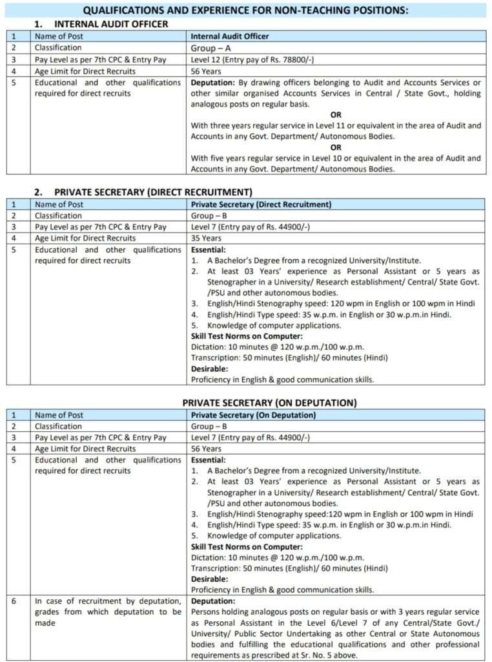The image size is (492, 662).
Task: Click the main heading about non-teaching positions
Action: click(246, 10)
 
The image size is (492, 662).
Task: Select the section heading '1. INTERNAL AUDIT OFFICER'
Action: click(101, 24)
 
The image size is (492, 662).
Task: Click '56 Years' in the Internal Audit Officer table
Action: click(206, 71)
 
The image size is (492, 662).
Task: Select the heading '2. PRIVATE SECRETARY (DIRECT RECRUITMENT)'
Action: click(143, 192)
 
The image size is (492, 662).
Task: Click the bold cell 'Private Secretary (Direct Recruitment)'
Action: click(261, 204)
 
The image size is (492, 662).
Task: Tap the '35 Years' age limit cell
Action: click(206, 238)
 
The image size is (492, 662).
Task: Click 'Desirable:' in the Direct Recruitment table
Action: click(209, 368)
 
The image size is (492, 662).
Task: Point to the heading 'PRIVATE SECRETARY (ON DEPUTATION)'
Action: click(269, 403)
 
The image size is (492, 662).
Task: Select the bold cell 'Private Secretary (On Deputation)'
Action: click(253, 415)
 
